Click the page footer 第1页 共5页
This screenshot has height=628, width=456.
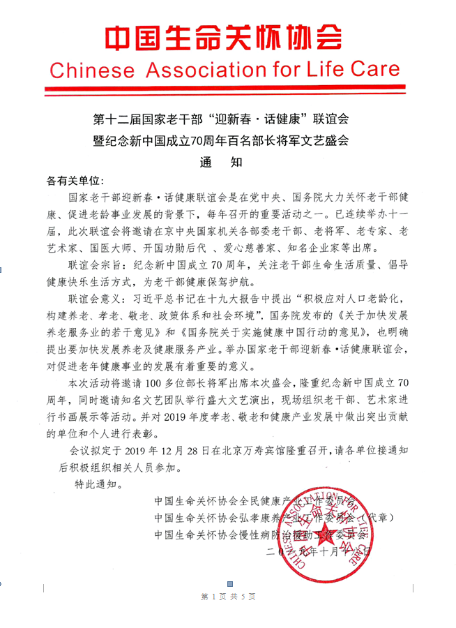[x=228, y=597]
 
